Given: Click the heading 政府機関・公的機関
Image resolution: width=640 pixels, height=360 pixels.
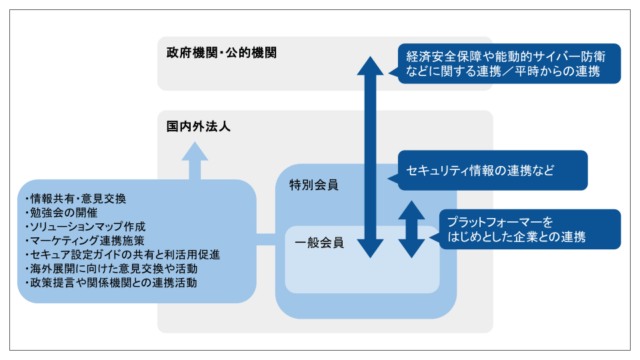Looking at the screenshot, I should click(x=221, y=51).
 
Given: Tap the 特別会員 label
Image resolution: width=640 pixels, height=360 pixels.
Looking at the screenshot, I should click(x=313, y=184).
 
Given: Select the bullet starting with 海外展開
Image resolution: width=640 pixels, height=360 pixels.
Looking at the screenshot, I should click(x=113, y=269).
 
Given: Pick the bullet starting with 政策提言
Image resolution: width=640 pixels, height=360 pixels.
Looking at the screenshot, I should click(x=111, y=283).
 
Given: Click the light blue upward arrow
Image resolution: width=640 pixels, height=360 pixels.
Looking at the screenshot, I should click(x=195, y=161).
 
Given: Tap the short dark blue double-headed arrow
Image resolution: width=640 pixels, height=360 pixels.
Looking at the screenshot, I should click(x=410, y=228).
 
